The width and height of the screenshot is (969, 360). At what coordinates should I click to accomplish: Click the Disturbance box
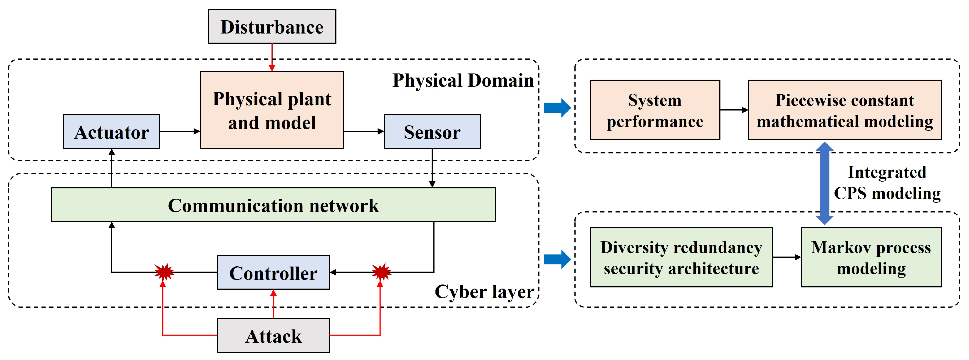(x=271, y=26)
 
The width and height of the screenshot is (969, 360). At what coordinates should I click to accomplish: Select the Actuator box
(x=111, y=132)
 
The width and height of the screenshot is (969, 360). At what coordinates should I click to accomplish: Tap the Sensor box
(x=432, y=132)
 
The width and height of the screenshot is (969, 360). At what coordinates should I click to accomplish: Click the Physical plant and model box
(x=271, y=110)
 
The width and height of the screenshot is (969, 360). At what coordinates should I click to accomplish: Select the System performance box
(x=655, y=110)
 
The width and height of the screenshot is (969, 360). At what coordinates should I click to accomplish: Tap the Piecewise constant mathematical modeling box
(x=844, y=110)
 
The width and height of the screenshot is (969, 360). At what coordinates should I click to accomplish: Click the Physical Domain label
(x=463, y=81)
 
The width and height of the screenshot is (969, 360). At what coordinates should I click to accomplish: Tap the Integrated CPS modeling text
(x=887, y=183)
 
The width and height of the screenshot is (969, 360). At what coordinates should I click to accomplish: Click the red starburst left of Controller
(x=164, y=272)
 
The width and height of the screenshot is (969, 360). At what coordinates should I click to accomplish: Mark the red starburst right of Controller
(x=381, y=272)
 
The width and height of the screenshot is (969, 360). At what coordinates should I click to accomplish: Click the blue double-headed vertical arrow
(x=824, y=183)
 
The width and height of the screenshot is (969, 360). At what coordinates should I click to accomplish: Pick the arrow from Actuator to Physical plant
(x=180, y=131)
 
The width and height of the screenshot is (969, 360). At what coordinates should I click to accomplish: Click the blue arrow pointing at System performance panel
(x=557, y=108)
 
